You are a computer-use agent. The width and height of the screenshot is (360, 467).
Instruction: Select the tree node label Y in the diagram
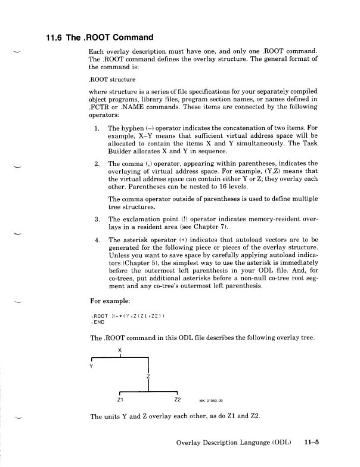91,367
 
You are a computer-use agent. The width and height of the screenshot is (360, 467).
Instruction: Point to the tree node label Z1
120,399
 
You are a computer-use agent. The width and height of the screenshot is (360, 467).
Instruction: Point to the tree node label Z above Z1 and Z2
147,376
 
